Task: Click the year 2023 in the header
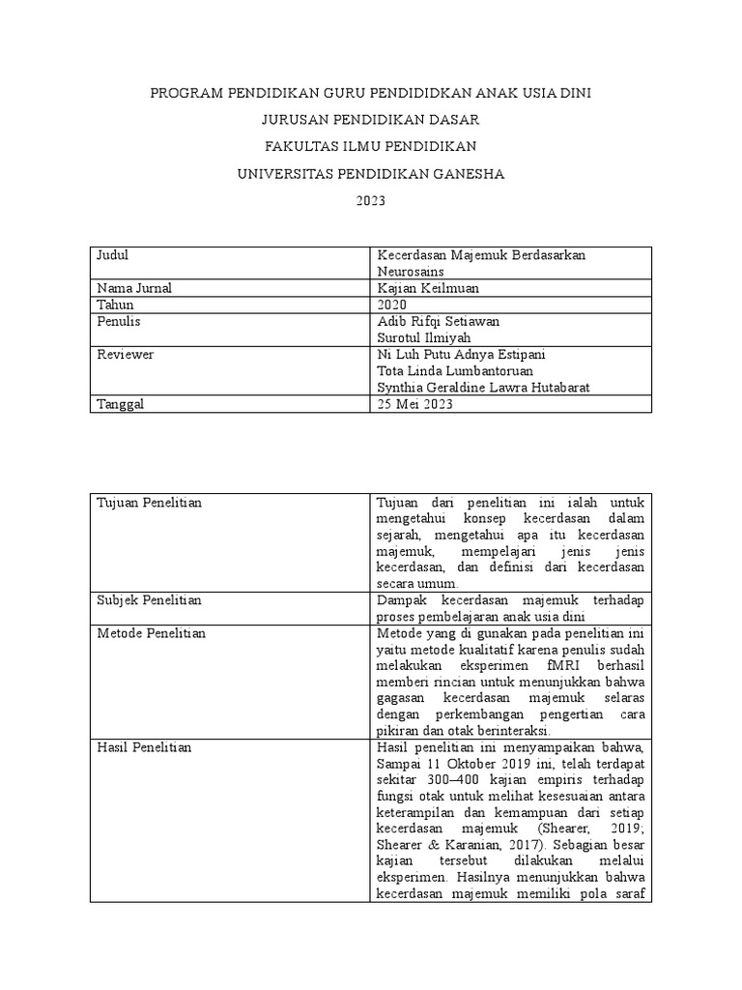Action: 371,201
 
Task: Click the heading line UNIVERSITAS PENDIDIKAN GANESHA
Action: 371,174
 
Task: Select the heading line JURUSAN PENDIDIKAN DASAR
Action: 371,120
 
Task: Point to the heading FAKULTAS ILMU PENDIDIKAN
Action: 371,147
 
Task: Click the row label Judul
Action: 114,255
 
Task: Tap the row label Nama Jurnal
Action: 135,288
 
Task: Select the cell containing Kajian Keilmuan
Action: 427,288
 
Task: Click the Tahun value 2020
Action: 393,305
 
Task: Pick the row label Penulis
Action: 120,321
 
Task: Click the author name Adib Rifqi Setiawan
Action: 438,321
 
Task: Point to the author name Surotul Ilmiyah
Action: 425,337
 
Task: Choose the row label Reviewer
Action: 126,355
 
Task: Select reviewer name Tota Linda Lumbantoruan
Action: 454,371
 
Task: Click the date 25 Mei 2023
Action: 414,405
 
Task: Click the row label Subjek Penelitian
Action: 150,600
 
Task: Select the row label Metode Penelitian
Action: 151,633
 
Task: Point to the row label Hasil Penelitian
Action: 145,747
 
